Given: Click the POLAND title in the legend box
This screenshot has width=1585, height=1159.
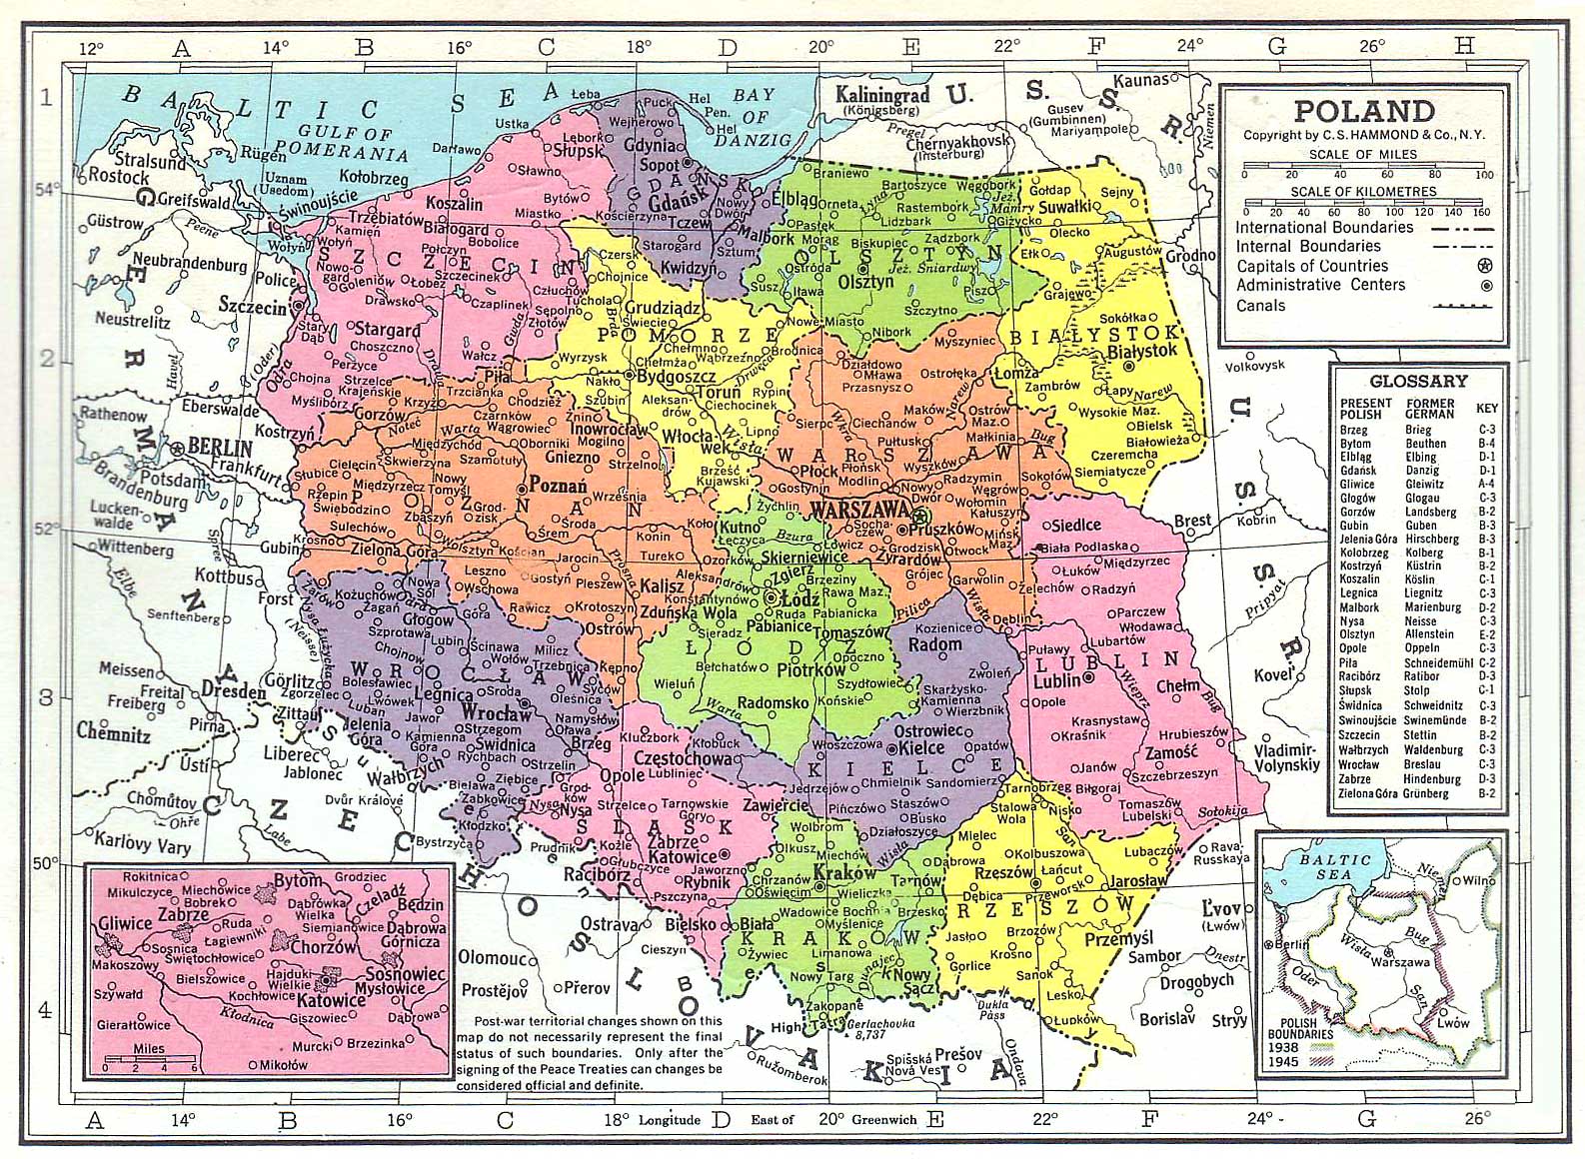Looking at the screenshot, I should point(1364,111).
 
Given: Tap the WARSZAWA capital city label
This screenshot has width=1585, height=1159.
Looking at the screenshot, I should point(857,510).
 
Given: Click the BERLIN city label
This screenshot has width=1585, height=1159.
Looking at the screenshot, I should point(220,447).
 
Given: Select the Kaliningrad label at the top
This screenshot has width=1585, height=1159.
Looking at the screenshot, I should point(882,95).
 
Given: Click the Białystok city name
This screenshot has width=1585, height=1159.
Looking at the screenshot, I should point(1143,351).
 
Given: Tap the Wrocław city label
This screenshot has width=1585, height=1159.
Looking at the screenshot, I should point(497,713).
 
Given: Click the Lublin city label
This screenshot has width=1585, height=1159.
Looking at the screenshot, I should point(1057,681).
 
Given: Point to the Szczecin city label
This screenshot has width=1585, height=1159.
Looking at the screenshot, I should point(253,307).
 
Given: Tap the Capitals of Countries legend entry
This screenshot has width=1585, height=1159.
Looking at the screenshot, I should point(1311,266).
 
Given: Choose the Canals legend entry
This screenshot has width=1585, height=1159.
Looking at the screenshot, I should point(1260,305).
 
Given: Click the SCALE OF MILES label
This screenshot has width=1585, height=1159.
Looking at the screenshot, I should point(1363,155).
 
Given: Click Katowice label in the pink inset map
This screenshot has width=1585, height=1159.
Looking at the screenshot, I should point(331,999).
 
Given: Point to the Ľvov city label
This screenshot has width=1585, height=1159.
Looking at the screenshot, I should point(1221,909).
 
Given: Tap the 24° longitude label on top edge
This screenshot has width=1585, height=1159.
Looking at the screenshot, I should point(1189,45).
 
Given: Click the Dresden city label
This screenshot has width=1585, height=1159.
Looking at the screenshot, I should point(233,690).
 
